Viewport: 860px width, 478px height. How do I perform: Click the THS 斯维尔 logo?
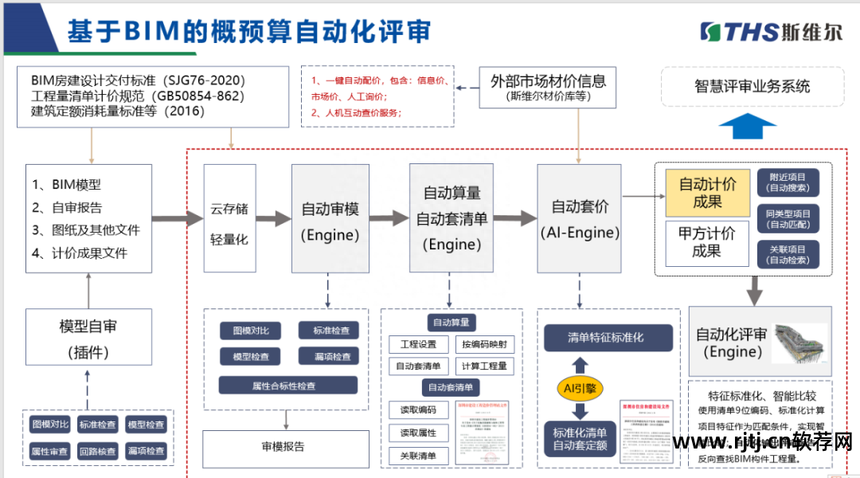pos(770,31)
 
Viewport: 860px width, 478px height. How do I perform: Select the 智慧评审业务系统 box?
pos(752,86)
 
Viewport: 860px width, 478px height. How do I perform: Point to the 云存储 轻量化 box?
pos(229,223)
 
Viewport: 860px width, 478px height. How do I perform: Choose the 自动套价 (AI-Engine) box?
pos(579,218)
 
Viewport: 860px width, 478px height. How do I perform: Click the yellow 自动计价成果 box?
pos(707,193)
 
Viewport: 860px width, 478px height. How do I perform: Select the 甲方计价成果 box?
pos(707,242)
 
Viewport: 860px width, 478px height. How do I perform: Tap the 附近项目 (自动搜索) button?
pos(788,182)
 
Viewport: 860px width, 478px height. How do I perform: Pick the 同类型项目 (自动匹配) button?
pos(788,219)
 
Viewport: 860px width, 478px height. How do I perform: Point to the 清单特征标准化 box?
pos(606,337)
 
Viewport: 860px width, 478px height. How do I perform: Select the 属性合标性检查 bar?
pos(287,386)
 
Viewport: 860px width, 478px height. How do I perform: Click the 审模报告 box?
pos(285,447)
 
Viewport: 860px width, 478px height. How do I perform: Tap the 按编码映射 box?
pos(484,344)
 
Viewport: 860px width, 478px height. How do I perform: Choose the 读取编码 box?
pos(417,410)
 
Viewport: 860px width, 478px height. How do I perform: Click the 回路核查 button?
pos(98,451)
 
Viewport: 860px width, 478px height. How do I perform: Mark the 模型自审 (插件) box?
pos(88,338)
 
